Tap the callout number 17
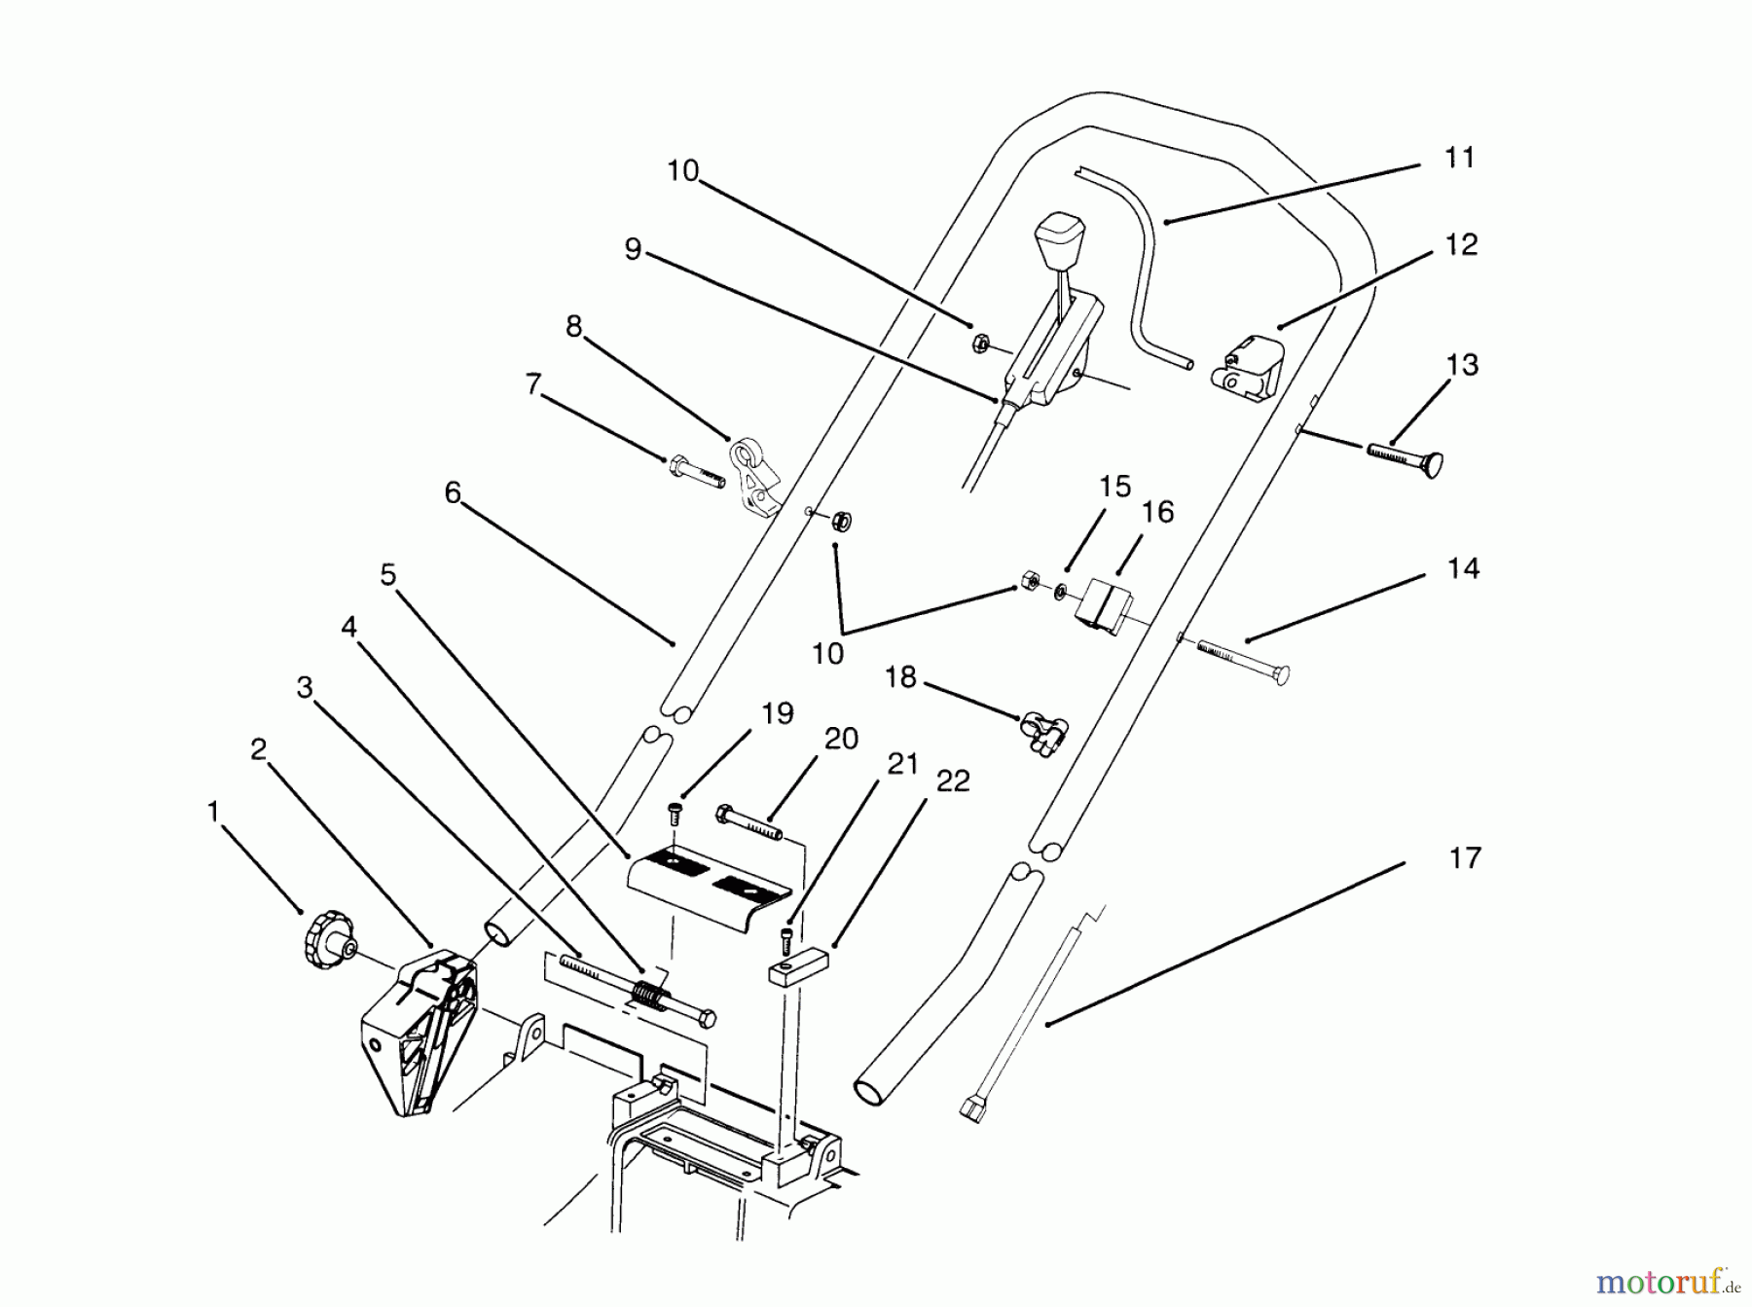point(1464,858)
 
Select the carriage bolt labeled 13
point(1407,457)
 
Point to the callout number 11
point(1459,158)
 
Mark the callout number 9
point(633,250)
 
